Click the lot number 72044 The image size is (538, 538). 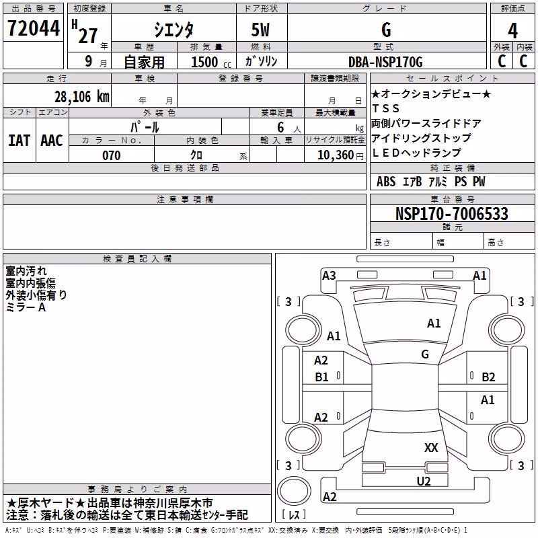(34, 28)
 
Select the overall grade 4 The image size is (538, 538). (512, 30)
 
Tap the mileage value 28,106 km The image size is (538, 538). (82, 97)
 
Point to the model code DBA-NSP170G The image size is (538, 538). (385, 62)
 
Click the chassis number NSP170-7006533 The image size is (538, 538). (451, 213)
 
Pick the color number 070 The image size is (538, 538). (112, 155)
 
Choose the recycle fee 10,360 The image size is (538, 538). (335, 155)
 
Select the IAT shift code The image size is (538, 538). (20, 141)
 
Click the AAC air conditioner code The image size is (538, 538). (52, 141)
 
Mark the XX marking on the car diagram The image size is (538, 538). (431, 447)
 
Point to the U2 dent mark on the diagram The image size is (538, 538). (424, 481)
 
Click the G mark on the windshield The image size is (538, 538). (425, 354)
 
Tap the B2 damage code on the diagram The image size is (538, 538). (488, 377)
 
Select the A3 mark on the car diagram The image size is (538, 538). (329, 275)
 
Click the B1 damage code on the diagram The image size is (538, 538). (321, 377)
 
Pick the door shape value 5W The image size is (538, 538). (260, 30)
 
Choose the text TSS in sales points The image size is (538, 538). (385, 108)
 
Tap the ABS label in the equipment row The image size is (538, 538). (386, 181)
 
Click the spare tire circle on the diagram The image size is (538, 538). (294, 491)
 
